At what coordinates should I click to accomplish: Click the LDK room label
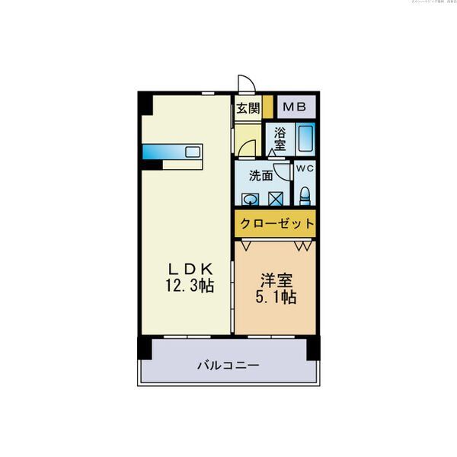click(x=190, y=268)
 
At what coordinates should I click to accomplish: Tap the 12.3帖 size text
click(x=190, y=286)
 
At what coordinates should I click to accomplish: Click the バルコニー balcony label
click(x=228, y=365)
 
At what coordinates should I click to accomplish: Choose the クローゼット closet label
click(x=276, y=223)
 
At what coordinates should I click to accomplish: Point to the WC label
click(x=305, y=168)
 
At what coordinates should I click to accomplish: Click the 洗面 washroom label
click(x=261, y=175)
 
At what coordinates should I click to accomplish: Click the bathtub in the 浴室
click(x=305, y=139)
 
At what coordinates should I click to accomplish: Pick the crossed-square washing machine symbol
click(x=276, y=199)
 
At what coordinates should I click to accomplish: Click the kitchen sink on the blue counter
click(x=192, y=151)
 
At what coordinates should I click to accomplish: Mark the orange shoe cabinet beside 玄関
click(x=268, y=107)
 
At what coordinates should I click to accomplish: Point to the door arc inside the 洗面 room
click(x=282, y=171)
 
